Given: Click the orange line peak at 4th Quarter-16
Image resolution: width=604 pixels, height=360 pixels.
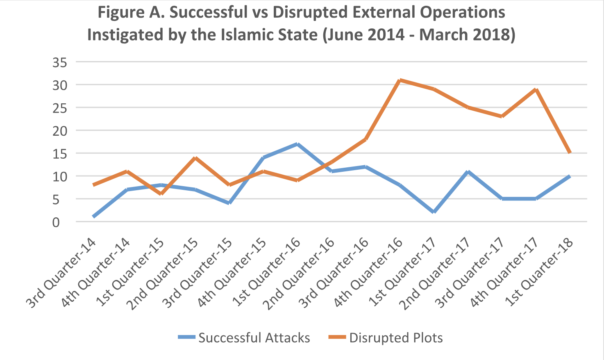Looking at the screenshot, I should [400, 80].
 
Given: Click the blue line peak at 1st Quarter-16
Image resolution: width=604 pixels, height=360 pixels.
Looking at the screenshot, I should [297, 144].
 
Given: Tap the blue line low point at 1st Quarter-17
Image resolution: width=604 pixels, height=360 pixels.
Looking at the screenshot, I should [434, 212].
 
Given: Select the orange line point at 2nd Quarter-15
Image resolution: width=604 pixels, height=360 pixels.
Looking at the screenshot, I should [195, 158].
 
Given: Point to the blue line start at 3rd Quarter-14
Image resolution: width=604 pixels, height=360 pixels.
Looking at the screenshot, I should [94, 216].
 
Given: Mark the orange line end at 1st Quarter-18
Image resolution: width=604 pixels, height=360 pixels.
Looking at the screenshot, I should [569, 153].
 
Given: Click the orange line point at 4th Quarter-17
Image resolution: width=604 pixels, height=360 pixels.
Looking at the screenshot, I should [535, 89].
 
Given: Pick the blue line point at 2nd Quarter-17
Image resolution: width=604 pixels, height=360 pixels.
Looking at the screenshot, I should [468, 171].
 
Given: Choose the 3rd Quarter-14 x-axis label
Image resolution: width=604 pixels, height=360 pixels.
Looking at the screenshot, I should [61, 273].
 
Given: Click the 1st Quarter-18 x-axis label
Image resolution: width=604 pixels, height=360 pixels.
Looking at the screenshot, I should [538, 273].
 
